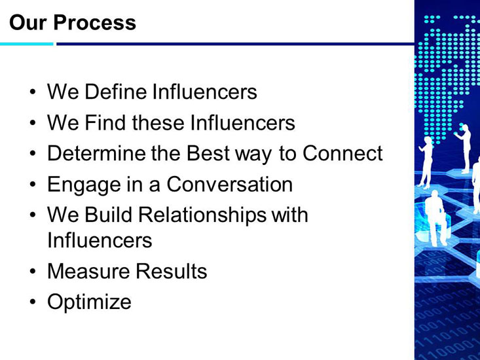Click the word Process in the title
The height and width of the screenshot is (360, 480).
tap(94, 23)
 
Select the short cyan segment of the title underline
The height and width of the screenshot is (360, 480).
tap(27, 44)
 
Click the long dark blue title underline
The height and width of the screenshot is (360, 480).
tap(235, 44)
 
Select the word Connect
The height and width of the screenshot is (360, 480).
tap(342, 153)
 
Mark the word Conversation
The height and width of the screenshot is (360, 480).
tap(230, 184)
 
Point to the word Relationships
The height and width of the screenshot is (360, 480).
tap(202, 215)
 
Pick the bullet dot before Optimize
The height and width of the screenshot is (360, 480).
tap(33, 302)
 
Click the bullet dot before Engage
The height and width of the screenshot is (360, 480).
tap(33, 185)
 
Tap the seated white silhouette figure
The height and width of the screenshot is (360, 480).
tap(435, 218)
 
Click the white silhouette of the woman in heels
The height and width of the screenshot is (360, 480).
tap(426, 162)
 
